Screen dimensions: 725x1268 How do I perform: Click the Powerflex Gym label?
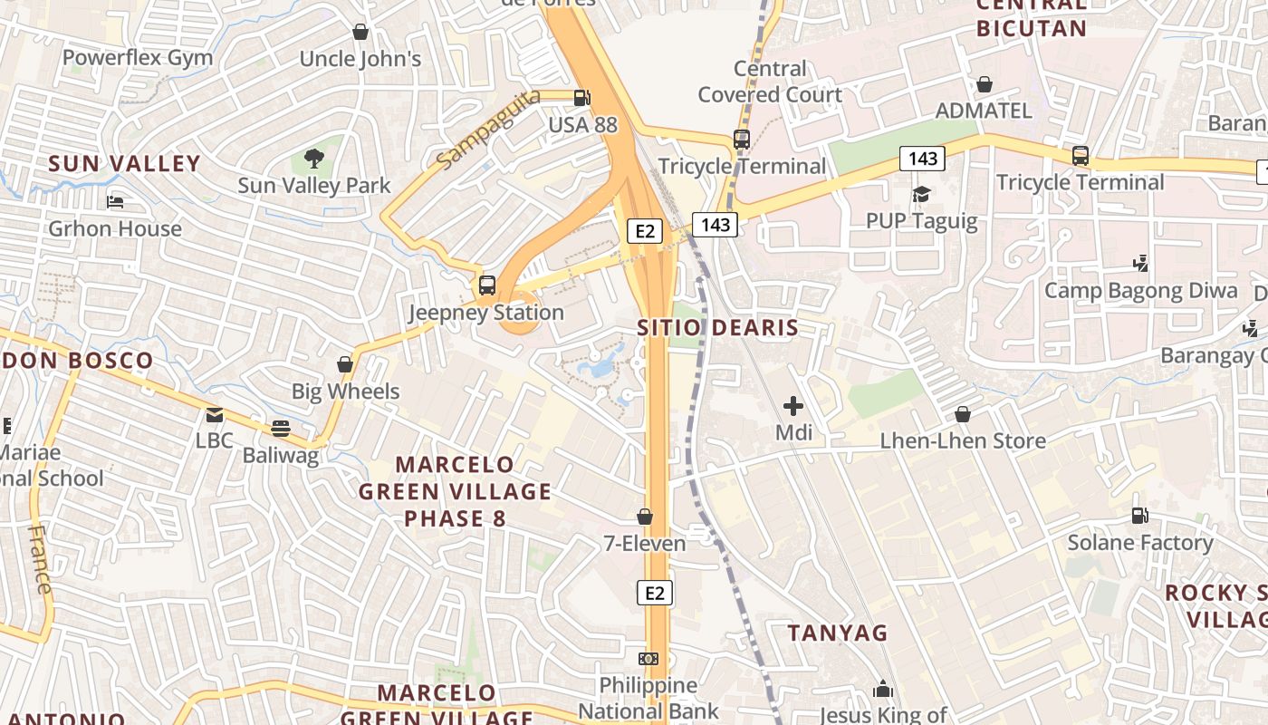(x=138, y=58)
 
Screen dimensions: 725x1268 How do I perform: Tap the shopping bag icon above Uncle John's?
(x=360, y=32)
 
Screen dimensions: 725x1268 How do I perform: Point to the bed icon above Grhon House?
(x=115, y=201)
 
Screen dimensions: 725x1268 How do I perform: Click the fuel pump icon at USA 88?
(x=582, y=97)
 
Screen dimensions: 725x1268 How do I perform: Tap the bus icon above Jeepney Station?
(x=487, y=285)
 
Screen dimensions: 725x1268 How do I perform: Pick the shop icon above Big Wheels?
(x=345, y=364)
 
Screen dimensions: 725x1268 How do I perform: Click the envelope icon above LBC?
(x=215, y=415)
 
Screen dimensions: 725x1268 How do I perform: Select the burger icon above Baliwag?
(x=281, y=428)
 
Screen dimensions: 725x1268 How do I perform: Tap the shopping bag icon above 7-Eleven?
(x=645, y=517)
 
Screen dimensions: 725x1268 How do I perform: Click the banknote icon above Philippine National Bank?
(x=648, y=659)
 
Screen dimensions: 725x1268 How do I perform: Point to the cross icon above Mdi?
(x=793, y=406)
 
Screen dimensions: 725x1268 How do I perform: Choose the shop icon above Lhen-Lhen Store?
(x=963, y=414)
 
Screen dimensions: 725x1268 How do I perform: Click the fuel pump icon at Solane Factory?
(x=1139, y=516)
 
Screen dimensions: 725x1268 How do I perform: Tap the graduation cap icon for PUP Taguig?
(x=921, y=194)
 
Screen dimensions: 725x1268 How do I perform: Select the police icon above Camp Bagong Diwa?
(x=1141, y=264)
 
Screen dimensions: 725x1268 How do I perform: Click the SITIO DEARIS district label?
(x=718, y=328)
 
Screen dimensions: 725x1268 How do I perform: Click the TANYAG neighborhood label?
(x=838, y=633)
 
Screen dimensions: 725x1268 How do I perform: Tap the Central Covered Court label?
(x=770, y=82)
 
